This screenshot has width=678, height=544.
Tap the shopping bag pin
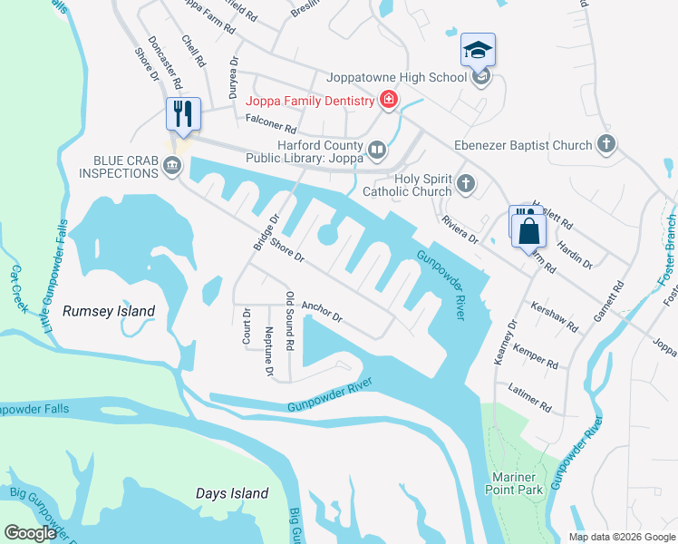pos(528,230)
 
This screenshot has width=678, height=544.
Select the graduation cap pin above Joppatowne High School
pos(478,51)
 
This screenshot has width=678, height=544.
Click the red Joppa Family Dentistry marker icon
pos(389,100)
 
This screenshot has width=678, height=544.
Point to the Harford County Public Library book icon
pos(376,149)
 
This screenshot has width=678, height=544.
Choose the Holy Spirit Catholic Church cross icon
pos(466,184)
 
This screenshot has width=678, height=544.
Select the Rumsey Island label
pos(109,311)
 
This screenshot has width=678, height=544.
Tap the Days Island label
pos(232,493)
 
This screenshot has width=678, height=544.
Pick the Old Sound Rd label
pos(290,321)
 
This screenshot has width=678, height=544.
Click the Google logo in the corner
pos(30,533)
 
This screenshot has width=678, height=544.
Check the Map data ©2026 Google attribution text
pos(620,537)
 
